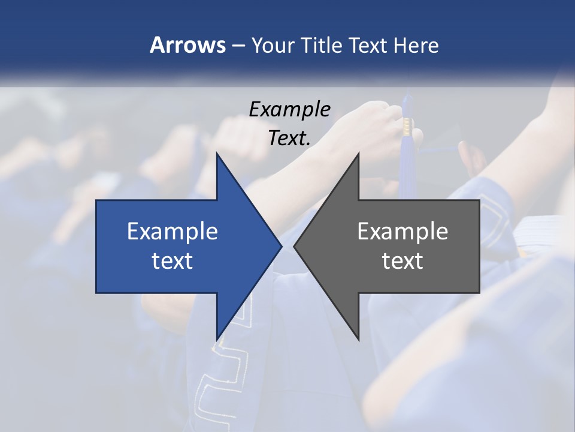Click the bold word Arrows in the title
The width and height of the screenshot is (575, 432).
187,46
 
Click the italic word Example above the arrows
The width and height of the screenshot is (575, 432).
289,109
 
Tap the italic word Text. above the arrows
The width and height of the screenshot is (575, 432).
289,139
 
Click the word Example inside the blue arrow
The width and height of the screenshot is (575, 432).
172,232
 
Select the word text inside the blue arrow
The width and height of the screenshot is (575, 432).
172,261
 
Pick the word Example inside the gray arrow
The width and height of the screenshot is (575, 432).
402,232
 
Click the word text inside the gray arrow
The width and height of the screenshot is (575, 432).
402,261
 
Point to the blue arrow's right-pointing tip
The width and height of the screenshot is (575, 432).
281,246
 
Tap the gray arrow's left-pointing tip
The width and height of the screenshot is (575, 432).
295,246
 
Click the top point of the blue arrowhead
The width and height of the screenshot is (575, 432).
217,154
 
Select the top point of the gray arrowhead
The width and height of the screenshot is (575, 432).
358,154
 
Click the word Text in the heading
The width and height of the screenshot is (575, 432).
368,46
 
